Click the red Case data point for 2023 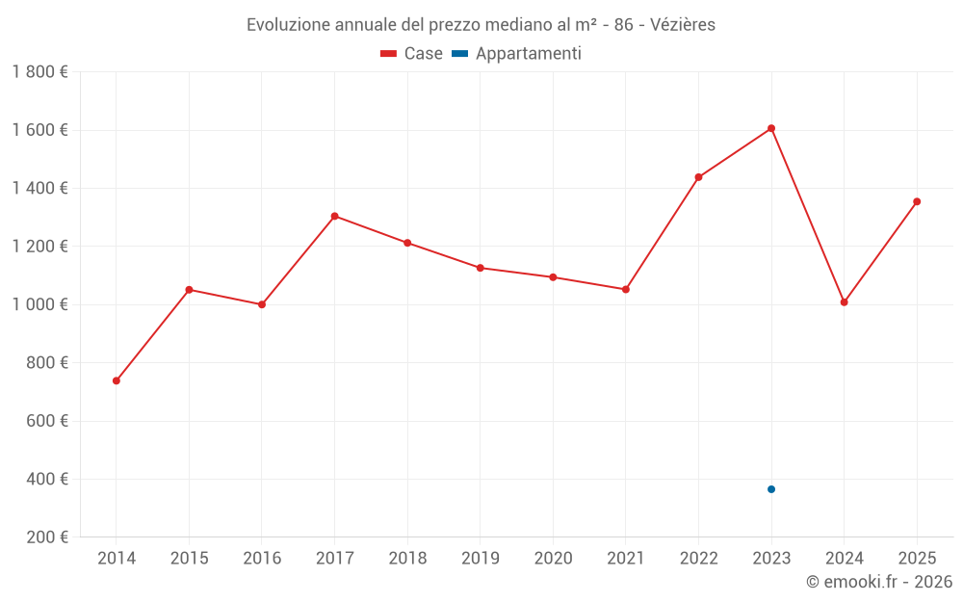click(771, 128)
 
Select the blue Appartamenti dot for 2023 click(771, 489)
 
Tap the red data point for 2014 click(117, 380)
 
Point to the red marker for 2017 click(334, 216)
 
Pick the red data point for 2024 click(844, 302)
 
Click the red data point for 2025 click(917, 201)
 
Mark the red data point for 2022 click(698, 177)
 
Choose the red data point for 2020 click(553, 277)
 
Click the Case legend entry click(412, 54)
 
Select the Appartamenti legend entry click(517, 54)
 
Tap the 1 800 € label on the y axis click(39, 72)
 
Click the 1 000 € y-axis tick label click(39, 304)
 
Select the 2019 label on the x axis click(480, 559)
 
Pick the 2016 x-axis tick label click(262, 559)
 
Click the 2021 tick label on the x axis click(625, 559)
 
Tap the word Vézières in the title click(683, 25)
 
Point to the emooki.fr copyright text click(878, 582)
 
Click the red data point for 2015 click(189, 290)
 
